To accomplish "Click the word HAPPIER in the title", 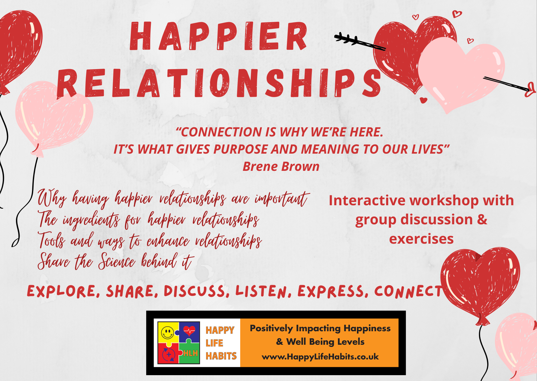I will click(218, 36).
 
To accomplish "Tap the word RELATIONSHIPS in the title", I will click(219, 83).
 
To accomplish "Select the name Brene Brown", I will click(281, 167).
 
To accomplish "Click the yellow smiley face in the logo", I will click(167, 332).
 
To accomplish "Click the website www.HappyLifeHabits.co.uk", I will click(320, 357).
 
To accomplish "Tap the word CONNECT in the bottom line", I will click(408, 291).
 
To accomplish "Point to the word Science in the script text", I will click(117, 261).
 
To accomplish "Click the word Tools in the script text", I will click(52, 240).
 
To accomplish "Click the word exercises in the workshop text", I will click(421, 239).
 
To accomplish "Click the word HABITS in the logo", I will click(221, 356).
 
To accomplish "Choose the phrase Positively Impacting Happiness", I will click(320, 328).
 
